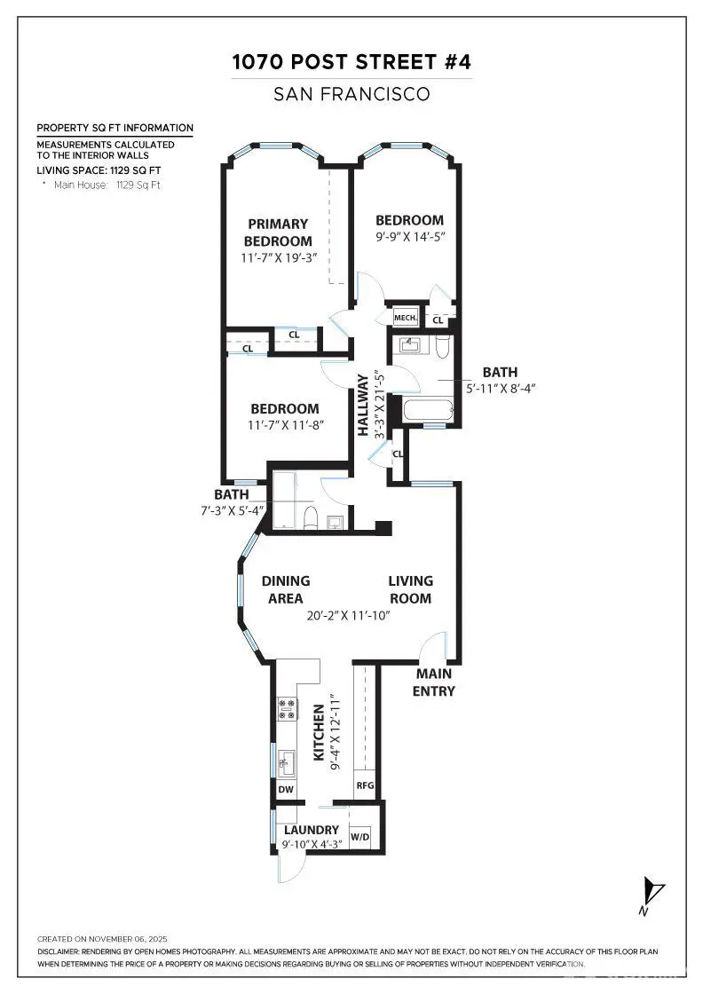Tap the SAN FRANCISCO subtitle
click(351, 93)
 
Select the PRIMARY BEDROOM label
click(278, 233)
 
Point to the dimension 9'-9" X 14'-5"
click(409, 238)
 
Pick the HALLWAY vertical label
click(363, 405)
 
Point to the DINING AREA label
click(286, 589)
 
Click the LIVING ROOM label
click(410, 589)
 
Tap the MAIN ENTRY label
click(435, 682)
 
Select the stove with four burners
click(288, 707)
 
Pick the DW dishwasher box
click(286, 788)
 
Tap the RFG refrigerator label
click(364, 785)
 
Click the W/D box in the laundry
click(360, 837)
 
